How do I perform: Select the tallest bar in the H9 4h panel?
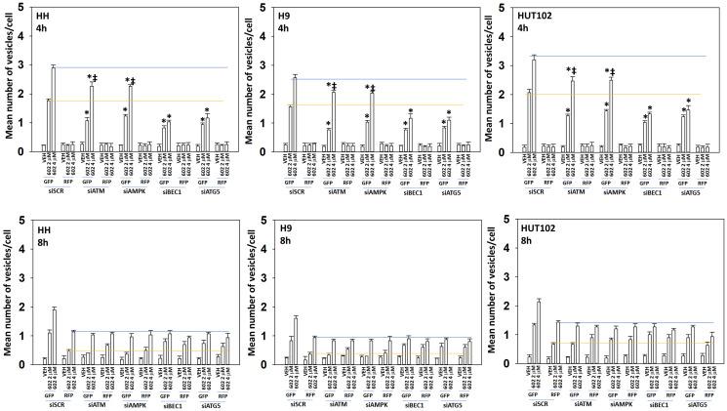pos(295,112)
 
